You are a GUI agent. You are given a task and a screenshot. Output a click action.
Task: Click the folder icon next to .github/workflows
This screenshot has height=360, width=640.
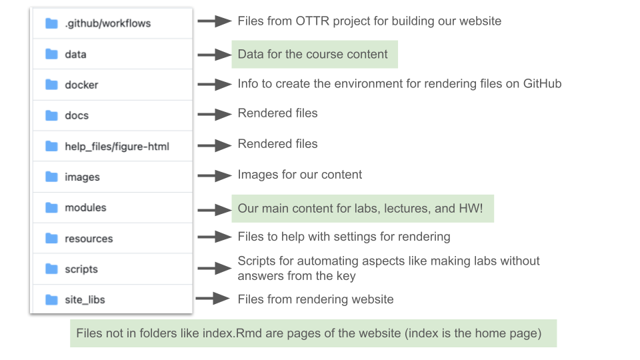tap(51, 23)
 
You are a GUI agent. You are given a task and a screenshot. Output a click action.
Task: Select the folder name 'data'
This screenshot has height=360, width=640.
tap(75, 54)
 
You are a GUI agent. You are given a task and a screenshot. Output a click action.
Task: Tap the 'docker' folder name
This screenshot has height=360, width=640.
tap(81, 85)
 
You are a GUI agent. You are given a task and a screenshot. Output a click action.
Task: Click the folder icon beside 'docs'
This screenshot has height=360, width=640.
tap(51, 115)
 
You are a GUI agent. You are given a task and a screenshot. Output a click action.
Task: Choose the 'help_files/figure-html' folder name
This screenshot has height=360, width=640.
tap(117, 146)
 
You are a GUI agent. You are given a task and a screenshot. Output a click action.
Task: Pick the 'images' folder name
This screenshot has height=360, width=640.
tap(82, 177)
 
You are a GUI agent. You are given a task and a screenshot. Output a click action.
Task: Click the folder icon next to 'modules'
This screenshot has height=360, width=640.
tap(51, 207)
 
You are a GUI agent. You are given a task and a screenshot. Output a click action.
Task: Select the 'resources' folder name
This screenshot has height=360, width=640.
tap(89, 238)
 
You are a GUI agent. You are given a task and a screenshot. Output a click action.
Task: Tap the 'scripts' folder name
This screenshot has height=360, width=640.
tap(81, 269)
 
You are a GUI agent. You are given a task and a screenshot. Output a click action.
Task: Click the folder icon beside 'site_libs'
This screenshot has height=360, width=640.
tap(51, 299)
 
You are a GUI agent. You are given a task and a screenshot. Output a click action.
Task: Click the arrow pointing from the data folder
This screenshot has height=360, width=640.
tap(214, 54)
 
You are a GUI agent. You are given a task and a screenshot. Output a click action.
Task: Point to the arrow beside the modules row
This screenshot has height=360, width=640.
tap(214, 209)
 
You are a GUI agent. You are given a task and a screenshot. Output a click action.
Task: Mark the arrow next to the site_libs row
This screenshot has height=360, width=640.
tap(213, 299)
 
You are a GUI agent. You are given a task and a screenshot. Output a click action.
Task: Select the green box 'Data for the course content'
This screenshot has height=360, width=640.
tap(314, 54)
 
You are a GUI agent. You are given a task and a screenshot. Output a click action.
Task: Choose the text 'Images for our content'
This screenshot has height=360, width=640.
tap(299, 175)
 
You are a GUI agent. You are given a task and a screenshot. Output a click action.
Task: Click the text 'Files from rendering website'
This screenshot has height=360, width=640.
tap(315, 299)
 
